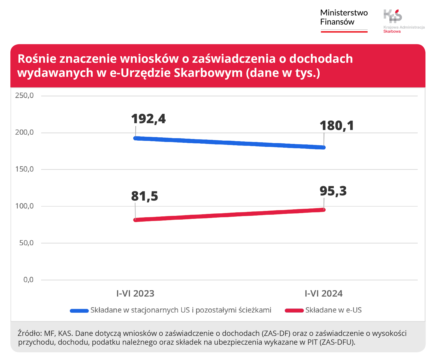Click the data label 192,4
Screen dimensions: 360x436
point(148,119)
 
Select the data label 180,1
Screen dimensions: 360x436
point(337,126)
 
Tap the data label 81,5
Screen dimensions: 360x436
point(144,196)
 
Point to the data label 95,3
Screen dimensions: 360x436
point(333,191)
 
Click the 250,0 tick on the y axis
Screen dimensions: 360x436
point(25,95)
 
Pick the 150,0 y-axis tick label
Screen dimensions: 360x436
point(25,169)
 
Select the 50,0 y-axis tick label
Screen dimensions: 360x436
point(26,243)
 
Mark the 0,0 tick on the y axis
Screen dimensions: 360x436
point(28,280)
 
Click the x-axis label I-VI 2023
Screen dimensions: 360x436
point(135,294)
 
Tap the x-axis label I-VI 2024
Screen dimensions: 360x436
point(323,294)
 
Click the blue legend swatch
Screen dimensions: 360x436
point(79,310)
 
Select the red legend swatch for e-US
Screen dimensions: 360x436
point(294,310)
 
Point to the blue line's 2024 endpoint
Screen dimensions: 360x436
point(323,147)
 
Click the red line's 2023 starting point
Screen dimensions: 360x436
point(135,220)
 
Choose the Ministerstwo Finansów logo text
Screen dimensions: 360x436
point(344,17)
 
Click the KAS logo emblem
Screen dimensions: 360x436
point(393,16)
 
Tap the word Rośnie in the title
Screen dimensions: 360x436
point(37,59)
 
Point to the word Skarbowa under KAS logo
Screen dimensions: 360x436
point(392,31)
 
